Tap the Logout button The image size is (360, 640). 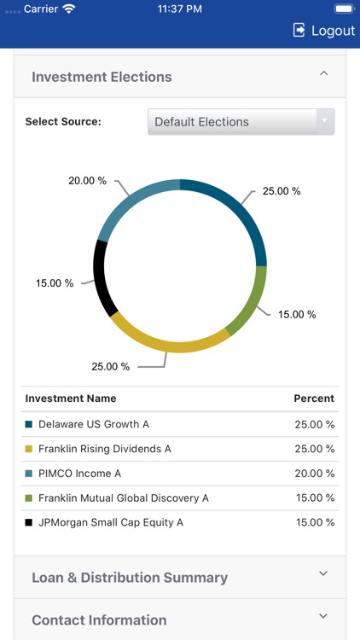[323, 30]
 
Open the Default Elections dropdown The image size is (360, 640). [241, 122]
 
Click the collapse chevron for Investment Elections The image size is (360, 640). [323, 74]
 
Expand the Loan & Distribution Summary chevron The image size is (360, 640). [323, 574]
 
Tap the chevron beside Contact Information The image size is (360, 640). [323, 616]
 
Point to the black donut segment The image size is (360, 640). [102, 278]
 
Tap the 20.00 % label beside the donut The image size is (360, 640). [88, 181]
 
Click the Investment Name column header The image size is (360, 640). [71, 399]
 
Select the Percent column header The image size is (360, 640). [314, 399]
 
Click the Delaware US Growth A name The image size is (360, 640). [94, 424]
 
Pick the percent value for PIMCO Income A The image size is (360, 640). [314, 474]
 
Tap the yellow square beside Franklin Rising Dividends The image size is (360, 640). [29, 449]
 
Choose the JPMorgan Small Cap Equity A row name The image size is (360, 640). [111, 522]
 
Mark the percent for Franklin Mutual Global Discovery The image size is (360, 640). [314, 498]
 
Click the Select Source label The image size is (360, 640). [63, 122]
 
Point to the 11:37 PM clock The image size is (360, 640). [180, 9]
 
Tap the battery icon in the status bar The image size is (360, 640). [343, 9]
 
